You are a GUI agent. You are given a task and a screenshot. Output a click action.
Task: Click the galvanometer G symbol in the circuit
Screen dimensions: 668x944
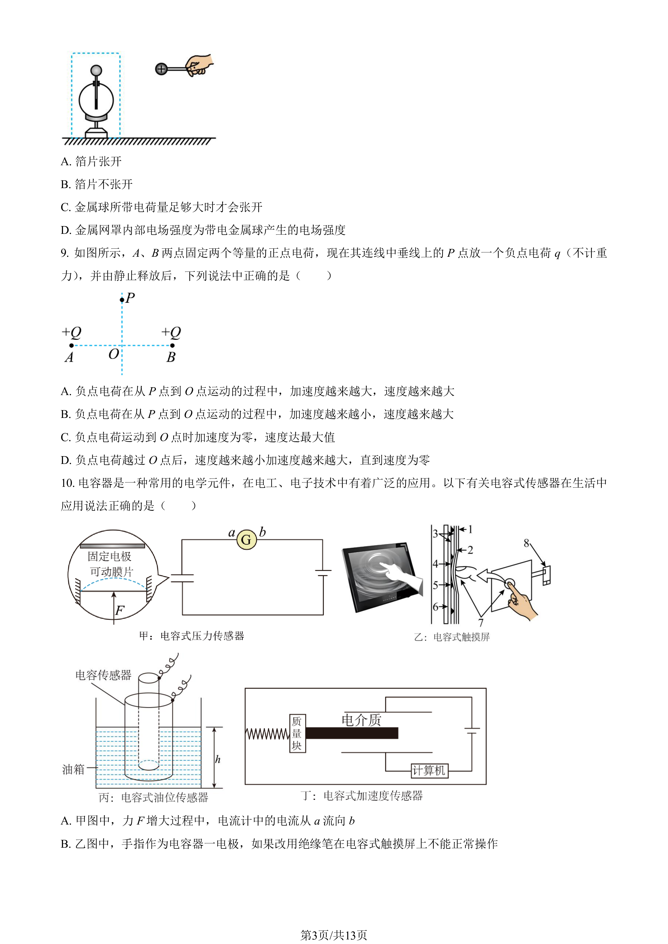246,540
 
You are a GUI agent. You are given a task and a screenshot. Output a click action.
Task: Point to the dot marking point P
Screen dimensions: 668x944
122,300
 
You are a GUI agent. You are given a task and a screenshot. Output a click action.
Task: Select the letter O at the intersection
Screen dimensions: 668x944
114,354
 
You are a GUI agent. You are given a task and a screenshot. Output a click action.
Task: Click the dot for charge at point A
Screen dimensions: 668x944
72,345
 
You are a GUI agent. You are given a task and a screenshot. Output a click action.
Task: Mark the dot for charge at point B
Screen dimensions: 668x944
172,345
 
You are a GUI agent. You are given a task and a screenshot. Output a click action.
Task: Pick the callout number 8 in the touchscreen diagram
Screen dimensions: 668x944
526,543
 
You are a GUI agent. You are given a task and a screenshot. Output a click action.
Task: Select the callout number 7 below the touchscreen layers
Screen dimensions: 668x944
481,622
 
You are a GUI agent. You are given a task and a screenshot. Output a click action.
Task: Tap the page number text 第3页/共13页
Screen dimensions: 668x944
334,935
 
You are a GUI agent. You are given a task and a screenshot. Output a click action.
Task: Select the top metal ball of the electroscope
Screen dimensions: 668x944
96,70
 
